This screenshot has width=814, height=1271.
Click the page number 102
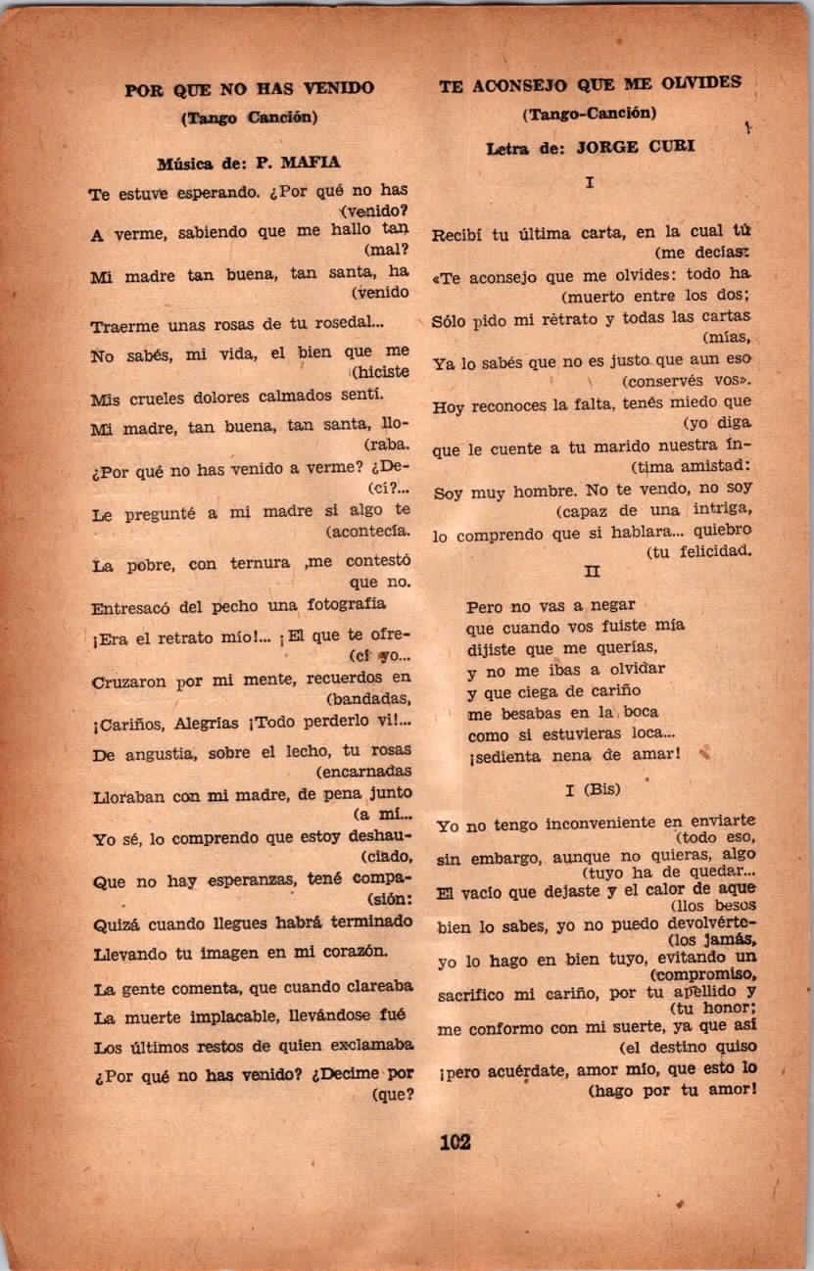(455, 1141)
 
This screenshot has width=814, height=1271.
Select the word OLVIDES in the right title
(700, 84)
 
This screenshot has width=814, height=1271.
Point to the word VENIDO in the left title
(337, 89)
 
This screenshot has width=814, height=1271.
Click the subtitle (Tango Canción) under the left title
(250, 118)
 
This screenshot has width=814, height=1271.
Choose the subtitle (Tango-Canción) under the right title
(588, 114)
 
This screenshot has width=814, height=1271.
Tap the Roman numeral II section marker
(591, 571)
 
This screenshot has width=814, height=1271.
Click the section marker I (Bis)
(592, 788)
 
